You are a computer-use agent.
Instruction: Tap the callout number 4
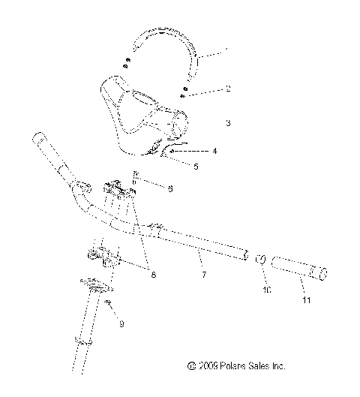pos(215,151)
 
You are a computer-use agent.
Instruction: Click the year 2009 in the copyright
pos(208,367)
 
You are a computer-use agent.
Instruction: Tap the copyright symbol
pos(192,367)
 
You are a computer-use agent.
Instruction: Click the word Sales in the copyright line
pos(259,367)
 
